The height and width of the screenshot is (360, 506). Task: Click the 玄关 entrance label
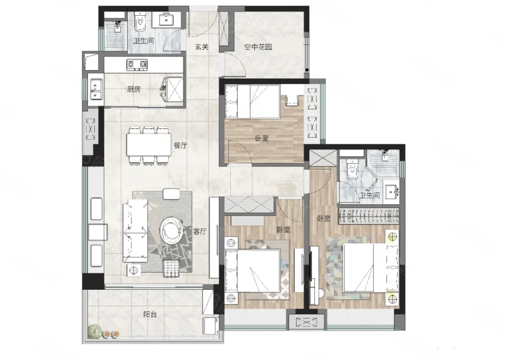tap(202, 47)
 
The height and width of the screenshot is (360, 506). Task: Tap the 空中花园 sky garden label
tap(258, 47)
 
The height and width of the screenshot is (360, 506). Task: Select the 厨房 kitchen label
tap(133, 89)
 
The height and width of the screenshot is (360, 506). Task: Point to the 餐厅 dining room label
tap(180, 146)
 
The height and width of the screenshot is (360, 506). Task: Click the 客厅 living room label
tap(200, 232)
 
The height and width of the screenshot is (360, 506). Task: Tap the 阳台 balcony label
tap(150, 314)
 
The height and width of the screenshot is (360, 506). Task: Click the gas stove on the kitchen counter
tap(137, 65)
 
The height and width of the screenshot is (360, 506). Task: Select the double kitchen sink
tap(96, 89)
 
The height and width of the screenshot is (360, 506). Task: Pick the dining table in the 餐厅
tap(149, 145)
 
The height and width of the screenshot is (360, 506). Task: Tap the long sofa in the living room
tap(135, 230)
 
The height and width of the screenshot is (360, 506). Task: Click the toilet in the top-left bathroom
tap(140, 22)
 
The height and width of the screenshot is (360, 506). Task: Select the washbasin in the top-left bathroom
tap(166, 20)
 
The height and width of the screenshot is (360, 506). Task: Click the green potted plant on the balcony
tap(94, 332)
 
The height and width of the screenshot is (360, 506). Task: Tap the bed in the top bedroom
tap(252, 102)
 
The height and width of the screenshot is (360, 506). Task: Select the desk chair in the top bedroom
tap(292, 101)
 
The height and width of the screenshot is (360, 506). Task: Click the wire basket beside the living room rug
tap(171, 268)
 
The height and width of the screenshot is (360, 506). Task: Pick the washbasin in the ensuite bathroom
tap(391, 193)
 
